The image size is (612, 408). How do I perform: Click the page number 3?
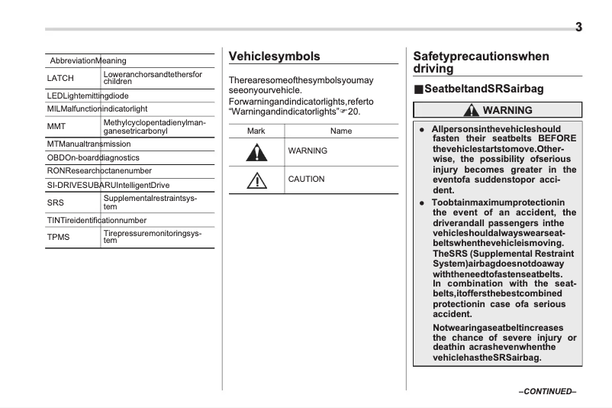point(578,28)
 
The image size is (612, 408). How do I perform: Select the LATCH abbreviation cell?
point(60,78)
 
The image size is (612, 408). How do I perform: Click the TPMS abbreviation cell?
point(59,237)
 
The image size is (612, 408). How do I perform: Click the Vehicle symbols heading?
point(275,57)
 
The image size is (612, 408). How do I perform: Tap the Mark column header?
point(256,131)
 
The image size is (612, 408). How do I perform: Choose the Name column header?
point(341,131)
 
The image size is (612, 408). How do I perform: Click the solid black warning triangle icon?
point(256,151)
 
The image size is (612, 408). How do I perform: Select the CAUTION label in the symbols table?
point(306,180)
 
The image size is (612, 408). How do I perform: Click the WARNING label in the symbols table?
point(308,151)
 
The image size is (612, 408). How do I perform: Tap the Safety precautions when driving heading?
point(481,62)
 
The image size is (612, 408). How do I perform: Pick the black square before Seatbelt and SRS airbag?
point(418,89)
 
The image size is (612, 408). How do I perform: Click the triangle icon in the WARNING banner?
point(472,111)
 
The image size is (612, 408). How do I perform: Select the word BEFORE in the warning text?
point(556,138)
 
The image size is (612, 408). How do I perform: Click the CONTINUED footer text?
point(547,392)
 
